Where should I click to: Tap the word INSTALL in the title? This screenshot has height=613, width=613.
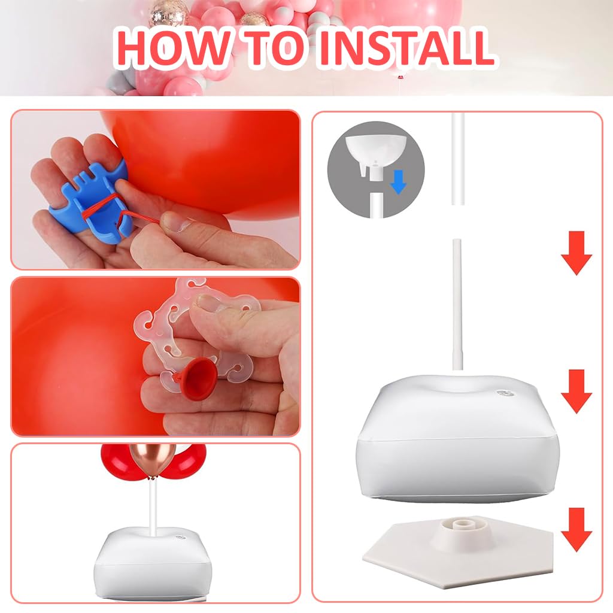pos(406,47)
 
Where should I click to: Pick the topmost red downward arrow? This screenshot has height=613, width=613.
pos(576,253)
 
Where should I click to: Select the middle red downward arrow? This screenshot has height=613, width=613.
pos(576,392)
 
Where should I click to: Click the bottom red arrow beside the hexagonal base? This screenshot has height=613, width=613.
pos(576,530)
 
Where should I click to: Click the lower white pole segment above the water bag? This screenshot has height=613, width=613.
pos(458,305)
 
